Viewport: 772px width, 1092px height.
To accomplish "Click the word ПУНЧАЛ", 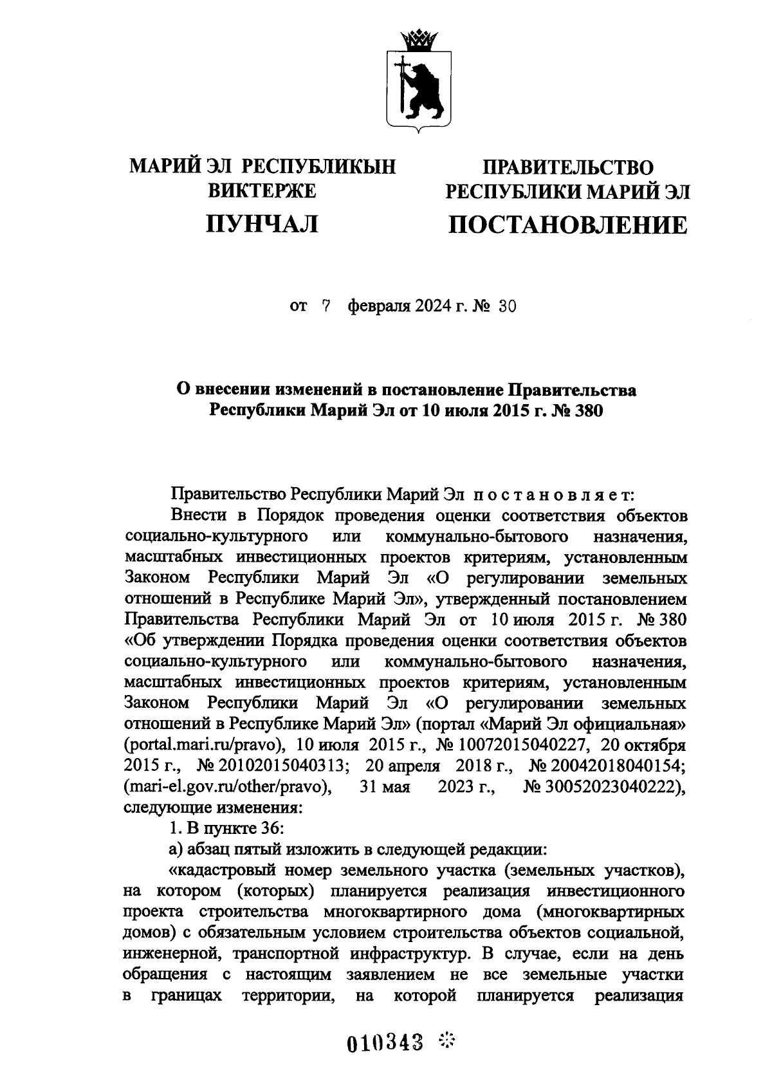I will [262, 223].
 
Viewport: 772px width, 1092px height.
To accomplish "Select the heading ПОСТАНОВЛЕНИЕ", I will [567, 225].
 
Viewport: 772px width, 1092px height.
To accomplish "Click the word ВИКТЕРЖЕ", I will [262, 191].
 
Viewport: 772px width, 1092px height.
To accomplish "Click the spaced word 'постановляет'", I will [555, 495].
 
